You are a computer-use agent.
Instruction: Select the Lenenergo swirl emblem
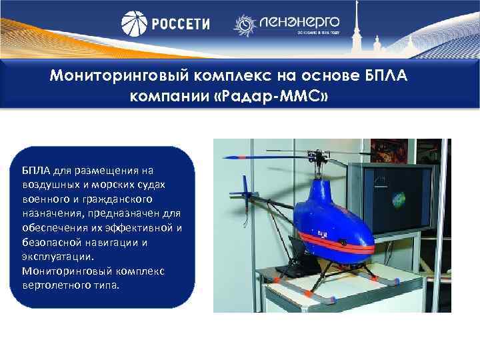click(x=245, y=25)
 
